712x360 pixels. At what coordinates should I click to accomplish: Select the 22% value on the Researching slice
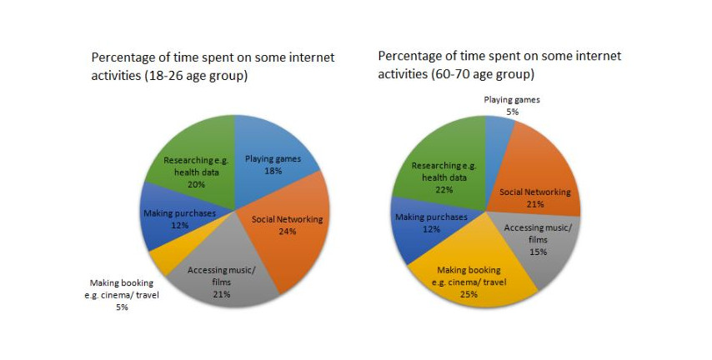(x=444, y=189)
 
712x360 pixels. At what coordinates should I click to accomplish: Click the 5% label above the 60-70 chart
(x=512, y=111)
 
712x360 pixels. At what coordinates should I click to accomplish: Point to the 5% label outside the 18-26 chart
(x=122, y=307)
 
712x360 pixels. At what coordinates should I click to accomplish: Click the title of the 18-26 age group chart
(x=213, y=67)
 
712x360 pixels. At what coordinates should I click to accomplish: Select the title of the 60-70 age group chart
(x=499, y=64)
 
